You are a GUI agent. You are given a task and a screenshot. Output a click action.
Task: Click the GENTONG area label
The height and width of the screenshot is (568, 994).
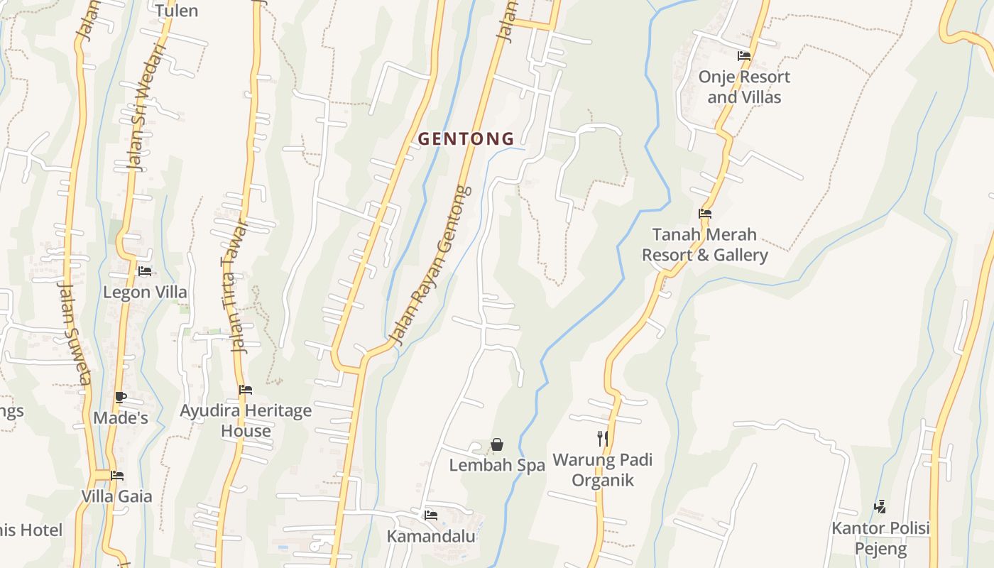click(x=466, y=139)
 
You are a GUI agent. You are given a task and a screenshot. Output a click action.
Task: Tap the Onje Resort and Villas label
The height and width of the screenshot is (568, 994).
click(x=744, y=87)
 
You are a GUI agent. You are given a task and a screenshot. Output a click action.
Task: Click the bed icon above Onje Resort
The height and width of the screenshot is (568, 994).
click(x=744, y=55)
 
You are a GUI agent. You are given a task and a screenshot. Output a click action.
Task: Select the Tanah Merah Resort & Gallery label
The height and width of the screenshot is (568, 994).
click(x=705, y=244)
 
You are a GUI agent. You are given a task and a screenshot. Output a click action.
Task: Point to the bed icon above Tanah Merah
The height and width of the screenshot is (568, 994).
click(x=705, y=213)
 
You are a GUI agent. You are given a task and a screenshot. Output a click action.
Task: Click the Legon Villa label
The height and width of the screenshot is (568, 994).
click(x=146, y=292)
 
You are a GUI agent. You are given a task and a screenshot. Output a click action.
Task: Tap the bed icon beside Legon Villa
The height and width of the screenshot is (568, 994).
click(x=145, y=271)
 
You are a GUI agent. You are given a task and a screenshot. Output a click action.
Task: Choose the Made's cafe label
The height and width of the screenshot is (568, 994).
click(x=121, y=417)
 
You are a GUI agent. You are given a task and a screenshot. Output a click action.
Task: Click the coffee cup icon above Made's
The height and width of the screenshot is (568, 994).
click(x=120, y=397)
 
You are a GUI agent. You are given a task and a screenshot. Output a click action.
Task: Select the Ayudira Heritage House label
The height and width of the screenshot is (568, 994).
click(x=246, y=420)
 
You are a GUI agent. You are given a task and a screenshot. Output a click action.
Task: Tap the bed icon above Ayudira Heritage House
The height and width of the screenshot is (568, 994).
click(x=246, y=389)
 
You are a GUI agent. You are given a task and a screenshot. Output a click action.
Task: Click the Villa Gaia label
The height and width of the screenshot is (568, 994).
click(x=117, y=496)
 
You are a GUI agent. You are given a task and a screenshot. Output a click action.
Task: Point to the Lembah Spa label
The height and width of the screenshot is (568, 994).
click(x=497, y=465)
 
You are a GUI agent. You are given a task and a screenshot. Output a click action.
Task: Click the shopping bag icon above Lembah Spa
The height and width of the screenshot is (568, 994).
click(x=497, y=444)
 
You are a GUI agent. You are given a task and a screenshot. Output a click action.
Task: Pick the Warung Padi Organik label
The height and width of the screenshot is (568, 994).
click(x=603, y=469)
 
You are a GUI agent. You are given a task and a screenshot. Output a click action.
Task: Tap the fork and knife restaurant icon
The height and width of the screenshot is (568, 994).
click(x=603, y=438)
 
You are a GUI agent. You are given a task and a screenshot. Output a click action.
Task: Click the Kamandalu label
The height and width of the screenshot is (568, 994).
click(x=431, y=536)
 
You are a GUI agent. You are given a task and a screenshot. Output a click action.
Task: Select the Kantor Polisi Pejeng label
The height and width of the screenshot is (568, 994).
click(x=880, y=538)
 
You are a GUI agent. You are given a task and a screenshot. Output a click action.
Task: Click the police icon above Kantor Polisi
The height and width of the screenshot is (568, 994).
click(x=880, y=506)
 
